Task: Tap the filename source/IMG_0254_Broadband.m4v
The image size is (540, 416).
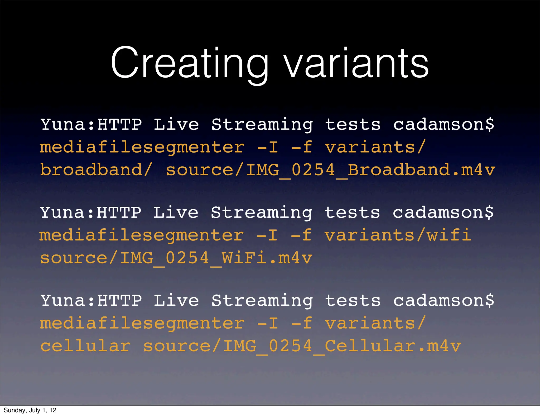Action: point(330,170)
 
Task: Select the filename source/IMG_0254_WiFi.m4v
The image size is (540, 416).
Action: point(176,258)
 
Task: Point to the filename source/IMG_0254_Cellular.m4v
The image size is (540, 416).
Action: point(302,346)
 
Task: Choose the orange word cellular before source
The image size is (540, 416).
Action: point(85,346)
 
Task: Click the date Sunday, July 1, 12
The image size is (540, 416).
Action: point(30,410)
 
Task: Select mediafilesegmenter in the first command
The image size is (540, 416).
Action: point(142,147)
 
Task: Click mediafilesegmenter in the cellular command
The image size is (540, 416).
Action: point(142,324)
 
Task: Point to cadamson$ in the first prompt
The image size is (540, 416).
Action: point(443,124)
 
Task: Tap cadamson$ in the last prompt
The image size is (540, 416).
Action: point(443,300)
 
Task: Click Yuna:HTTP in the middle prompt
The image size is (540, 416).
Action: point(91,212)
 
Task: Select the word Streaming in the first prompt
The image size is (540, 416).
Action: point(262,125)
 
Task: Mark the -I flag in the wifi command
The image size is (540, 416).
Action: point(267,235)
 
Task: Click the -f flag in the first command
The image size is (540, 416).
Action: point(302,147)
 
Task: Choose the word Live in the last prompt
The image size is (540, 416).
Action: point(176,300)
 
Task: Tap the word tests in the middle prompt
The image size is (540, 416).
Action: point(352,212)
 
